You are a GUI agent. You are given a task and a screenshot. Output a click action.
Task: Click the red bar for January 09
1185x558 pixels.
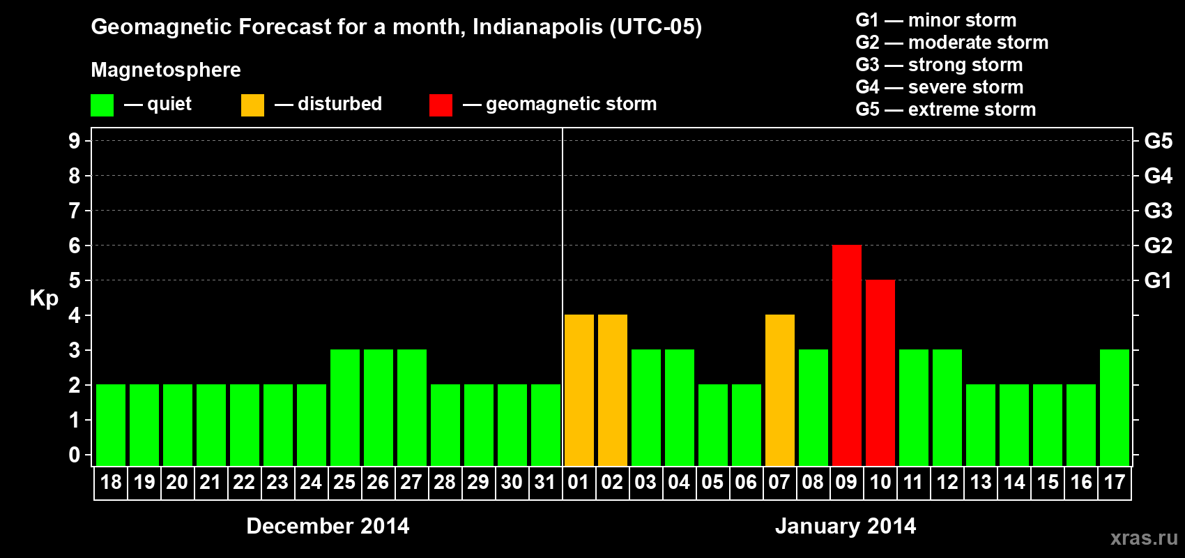846,355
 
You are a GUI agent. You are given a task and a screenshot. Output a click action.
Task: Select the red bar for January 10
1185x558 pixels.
880,372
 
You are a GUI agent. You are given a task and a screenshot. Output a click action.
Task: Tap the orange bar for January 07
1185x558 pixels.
779,390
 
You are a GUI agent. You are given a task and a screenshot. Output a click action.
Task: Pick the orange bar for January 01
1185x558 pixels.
579,390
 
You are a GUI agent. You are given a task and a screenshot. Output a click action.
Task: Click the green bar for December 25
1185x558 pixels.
344,407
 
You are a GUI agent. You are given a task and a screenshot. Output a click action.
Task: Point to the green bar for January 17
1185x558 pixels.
1114,407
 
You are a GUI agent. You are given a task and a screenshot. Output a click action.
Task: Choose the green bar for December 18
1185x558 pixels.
110,425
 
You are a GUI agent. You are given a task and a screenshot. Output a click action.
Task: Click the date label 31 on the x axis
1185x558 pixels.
545,482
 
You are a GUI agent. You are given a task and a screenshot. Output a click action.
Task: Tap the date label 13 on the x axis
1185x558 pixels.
980,482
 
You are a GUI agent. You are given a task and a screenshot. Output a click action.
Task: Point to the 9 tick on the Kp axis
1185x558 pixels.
75,141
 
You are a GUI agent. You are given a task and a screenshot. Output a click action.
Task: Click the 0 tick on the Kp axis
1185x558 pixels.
75,455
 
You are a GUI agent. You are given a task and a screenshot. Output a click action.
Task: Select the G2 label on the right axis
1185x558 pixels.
1158,246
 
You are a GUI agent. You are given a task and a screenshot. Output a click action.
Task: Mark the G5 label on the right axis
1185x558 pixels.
1158,141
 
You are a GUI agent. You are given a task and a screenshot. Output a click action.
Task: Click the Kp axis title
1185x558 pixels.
44,298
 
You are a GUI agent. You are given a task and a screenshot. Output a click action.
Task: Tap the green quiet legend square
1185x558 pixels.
102,105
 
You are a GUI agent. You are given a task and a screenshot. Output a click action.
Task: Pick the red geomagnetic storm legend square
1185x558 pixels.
441,105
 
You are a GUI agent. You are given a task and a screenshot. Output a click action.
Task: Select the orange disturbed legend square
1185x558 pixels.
252,105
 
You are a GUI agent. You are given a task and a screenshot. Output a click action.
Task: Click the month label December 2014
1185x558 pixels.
328,526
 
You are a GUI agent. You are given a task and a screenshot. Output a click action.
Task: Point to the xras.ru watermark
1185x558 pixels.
1144,538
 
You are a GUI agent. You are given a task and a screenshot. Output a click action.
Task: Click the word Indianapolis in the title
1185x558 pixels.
537,27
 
